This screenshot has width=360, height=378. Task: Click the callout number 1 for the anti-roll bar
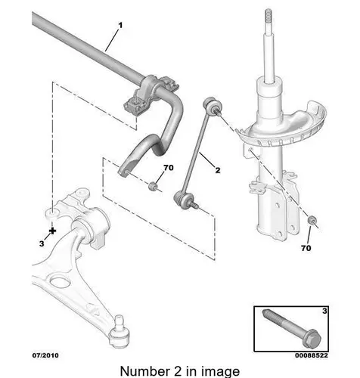coord(120,25)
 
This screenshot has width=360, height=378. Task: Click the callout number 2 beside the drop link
coord(217,170)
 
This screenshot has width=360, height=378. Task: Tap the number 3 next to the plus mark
coord(42,243)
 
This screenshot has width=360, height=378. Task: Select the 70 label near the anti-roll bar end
coord(169,168)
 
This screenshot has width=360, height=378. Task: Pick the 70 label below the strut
coord(306,248)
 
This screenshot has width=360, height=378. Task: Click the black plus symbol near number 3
coord(52,231)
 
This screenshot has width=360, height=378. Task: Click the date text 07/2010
coord(45,355)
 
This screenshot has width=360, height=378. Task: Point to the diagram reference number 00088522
coord(312,355)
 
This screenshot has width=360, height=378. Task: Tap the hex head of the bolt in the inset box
coord(312,339)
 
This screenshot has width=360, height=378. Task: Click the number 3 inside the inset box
coord(324,311)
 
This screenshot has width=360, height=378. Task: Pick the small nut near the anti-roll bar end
coord(153,186)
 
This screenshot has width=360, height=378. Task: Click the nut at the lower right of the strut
coord(312,220)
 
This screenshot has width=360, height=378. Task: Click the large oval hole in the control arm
coord(60,283)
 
